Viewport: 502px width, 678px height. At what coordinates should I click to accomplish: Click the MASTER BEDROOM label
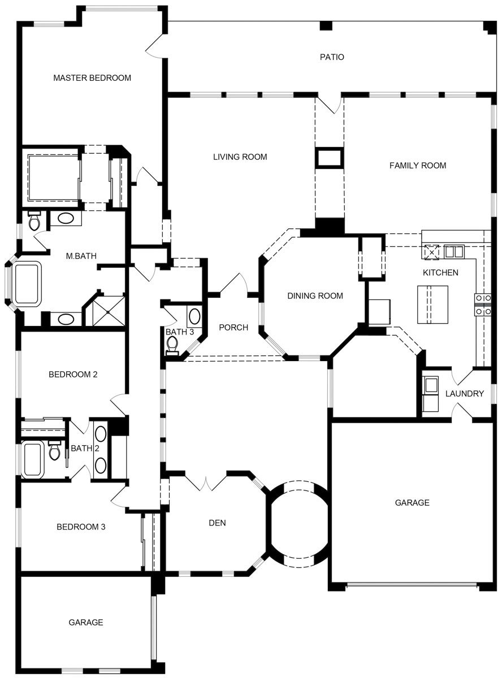coord(92,78)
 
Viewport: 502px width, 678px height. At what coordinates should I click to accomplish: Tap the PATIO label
coord(332,57)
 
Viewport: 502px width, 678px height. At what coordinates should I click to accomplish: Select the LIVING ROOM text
coord(240,157)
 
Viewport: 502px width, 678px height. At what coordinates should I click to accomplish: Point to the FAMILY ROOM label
coord(418,166)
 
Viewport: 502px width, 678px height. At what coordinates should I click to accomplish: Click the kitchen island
coord(432,305)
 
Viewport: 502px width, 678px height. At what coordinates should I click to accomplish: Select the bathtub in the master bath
coord(28,283)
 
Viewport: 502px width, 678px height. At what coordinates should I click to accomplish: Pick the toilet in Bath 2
coord(55,451)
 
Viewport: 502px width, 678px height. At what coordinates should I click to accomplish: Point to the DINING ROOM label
coord(315,295)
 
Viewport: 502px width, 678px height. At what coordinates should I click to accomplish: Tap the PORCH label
coord(233,328)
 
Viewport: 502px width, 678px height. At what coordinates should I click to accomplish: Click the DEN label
coord(217,523)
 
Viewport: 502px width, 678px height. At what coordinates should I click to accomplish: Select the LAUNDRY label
coord(464,394)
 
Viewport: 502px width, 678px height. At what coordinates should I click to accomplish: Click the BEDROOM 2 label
coord(73,374)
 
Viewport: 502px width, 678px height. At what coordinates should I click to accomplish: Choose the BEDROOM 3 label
coord(81,527)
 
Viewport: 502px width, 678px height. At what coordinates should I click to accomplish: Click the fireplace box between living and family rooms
coord(329,158)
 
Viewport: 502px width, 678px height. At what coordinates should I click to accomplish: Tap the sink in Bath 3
coord(194,315)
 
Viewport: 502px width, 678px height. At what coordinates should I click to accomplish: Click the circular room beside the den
coord(297,523)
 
